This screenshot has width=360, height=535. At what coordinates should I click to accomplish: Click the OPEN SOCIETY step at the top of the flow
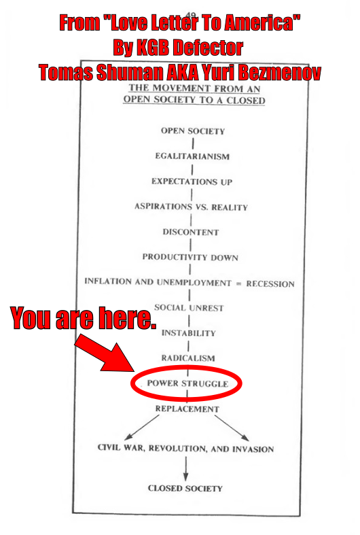click(x=193, y=131)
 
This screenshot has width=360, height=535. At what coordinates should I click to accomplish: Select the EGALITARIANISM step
click(x=192, y=156)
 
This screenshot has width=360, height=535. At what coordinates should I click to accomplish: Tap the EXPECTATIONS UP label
click(x=192, y=182)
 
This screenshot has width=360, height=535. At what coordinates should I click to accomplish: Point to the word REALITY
click(x=230, y=207)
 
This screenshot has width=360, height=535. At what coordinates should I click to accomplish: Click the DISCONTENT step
click(x=191, y=232)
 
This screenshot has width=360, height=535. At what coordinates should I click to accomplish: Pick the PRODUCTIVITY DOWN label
click(x=190, y=257)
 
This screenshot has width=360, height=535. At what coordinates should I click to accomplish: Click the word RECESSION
click(x=270, y=284)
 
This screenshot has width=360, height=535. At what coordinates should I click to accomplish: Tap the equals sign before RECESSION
click(x=238, y=283)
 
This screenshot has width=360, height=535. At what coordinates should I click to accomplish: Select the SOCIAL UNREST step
click(x=189, y=308)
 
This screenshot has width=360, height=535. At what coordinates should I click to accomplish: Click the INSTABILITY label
click(x=189, y=333)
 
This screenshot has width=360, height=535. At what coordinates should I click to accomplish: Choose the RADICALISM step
click(x=188, y=358)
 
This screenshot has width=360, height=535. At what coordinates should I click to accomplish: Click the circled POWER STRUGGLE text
click(x=187, y=383)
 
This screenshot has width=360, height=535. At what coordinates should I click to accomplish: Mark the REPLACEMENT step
click(x=187, y=409)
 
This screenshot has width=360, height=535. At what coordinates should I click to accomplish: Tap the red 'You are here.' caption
click(x=83, y=318)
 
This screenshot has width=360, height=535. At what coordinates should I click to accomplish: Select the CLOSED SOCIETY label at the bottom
click(x=185, y=488)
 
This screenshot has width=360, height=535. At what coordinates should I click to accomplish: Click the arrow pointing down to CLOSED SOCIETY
click(x=186, y=468)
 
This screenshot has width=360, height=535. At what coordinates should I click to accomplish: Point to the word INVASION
click(x=253, y=449)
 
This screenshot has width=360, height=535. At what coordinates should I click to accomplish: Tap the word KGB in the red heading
click(x=153, y=48)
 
